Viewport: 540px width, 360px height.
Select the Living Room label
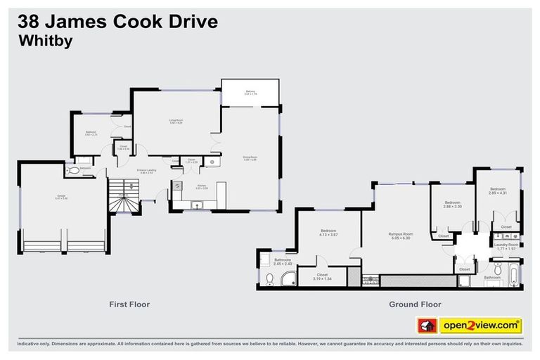click(x=176, y=120)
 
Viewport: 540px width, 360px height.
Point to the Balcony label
click(x=250, y=91)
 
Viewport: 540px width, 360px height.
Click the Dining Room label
click(x=250, y=157)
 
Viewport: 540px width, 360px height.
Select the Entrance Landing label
click(x=146, y=170)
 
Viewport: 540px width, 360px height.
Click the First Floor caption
click(x=129, y=304)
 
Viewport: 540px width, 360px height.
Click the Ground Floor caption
click(x=415, y=304)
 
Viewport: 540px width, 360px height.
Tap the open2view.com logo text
click(x=481, y=326)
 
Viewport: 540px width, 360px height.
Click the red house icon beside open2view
click(x=427, y=326)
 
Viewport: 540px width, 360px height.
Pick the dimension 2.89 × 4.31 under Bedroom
click(x=498, y=193)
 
